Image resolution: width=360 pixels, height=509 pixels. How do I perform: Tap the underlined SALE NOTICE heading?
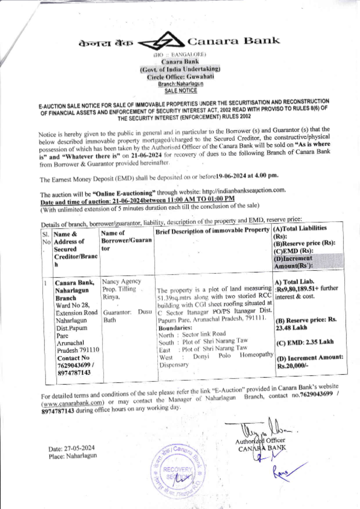181,91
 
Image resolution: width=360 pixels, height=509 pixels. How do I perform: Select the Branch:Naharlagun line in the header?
181,84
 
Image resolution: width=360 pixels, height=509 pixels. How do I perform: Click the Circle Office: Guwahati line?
180,77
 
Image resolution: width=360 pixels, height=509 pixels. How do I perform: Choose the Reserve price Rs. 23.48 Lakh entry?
306,324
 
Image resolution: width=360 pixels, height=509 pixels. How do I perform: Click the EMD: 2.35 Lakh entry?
305,342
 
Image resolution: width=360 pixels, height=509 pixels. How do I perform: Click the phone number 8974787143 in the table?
74,373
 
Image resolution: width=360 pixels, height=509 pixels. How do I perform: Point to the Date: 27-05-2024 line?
72,448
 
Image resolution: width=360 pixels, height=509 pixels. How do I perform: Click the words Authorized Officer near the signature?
260,441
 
